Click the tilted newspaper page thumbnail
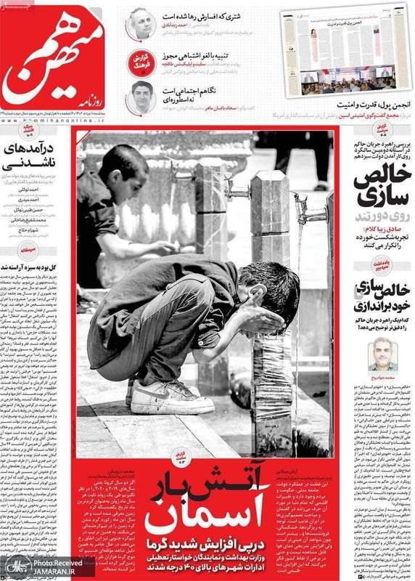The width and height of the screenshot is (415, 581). (346, 49)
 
